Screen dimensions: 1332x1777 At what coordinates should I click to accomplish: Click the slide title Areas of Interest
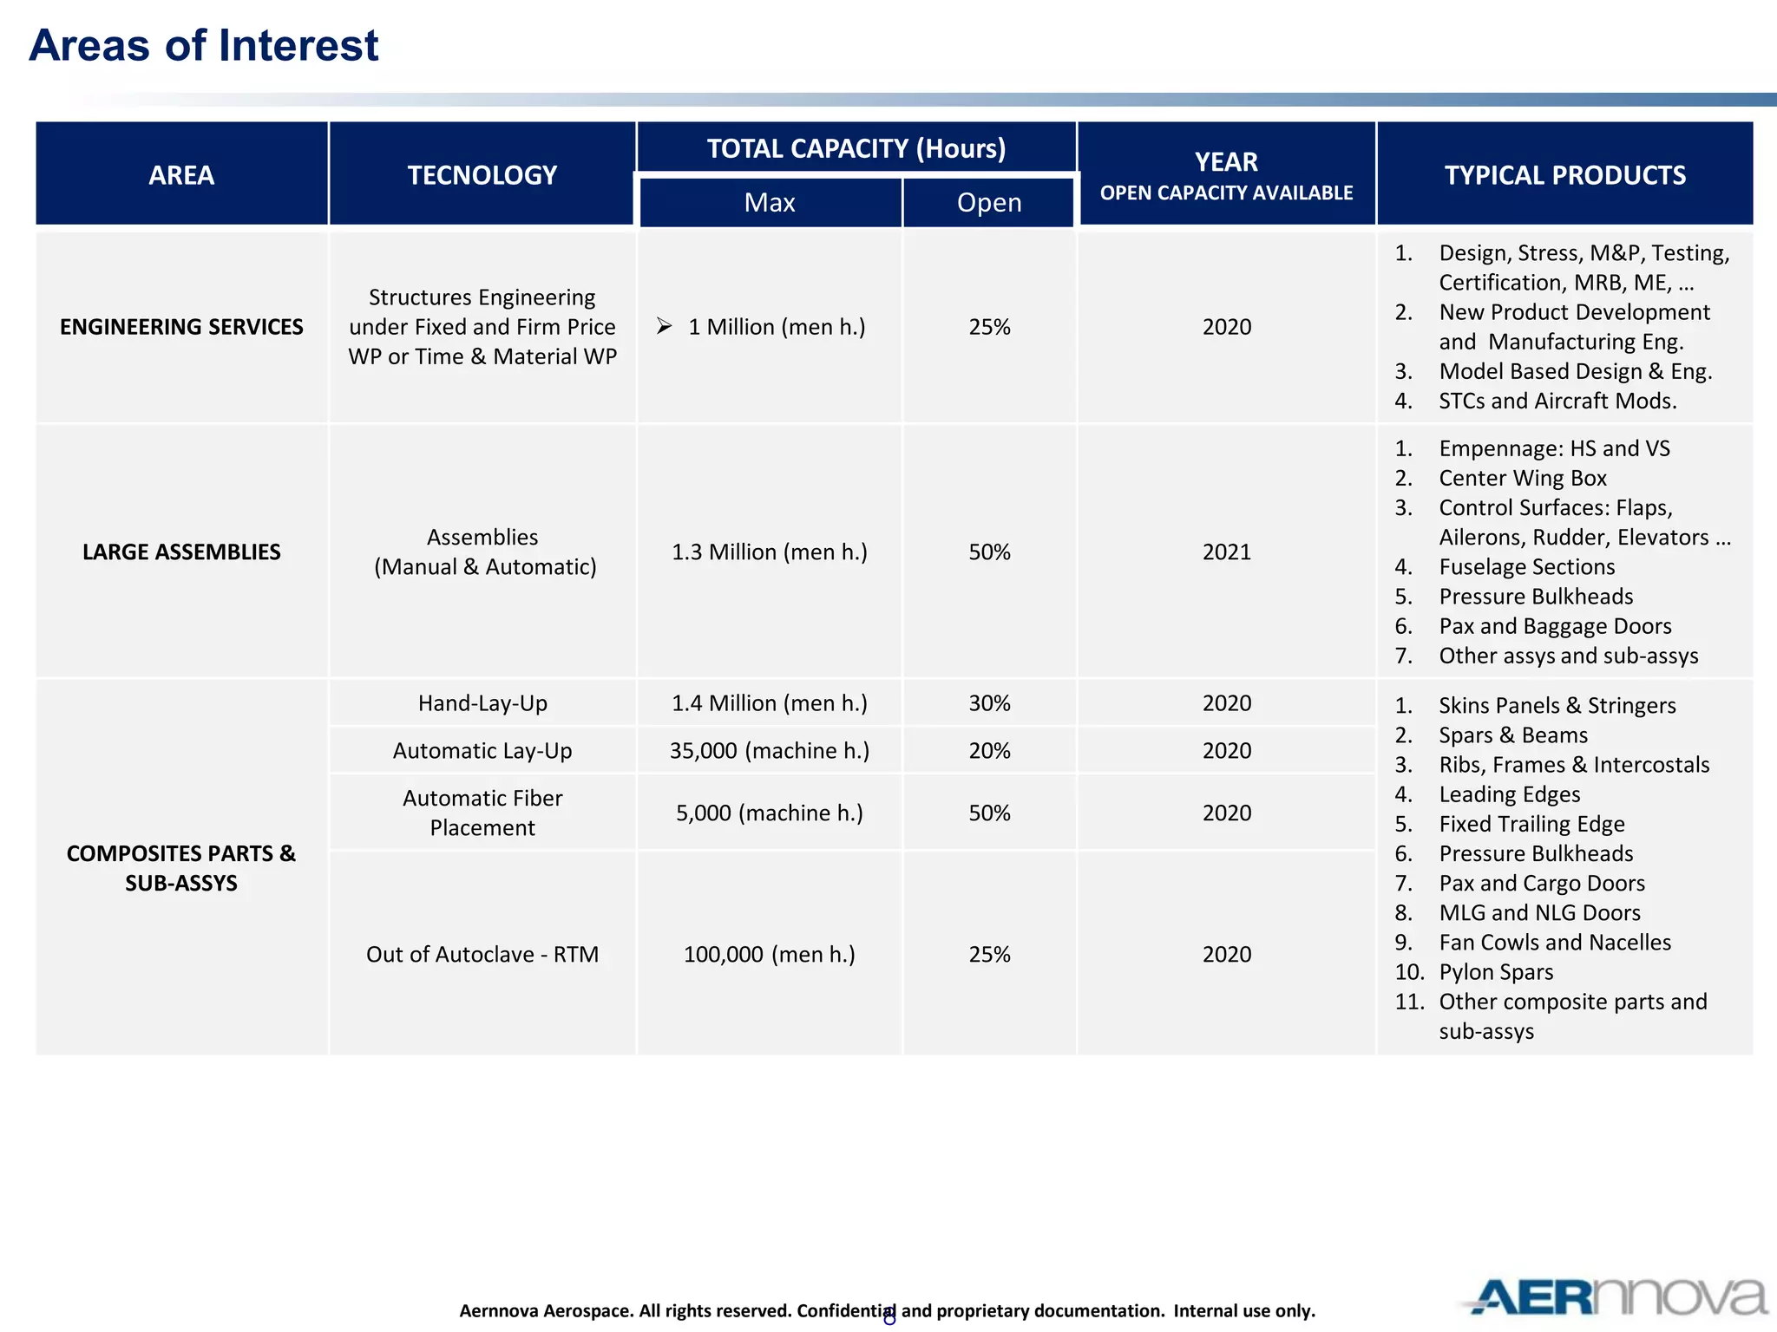[x=204, y=45]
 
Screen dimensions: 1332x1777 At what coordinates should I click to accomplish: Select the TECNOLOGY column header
[x=482, y=175]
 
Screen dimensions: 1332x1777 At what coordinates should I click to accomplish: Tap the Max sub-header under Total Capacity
[x=770, y=203]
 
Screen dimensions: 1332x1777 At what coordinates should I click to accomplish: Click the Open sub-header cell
[x=989, y=203]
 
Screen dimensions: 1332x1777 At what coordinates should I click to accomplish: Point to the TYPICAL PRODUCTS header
[x=1564, y=175]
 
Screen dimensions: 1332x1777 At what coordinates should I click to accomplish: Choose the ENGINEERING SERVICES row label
[x=181, y=327]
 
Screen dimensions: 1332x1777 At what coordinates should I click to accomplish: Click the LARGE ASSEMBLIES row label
[x=181, y=552]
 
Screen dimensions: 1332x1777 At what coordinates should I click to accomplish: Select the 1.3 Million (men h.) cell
[x=770, y=552]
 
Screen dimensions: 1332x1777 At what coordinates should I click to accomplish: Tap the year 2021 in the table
[x=1226, y=552]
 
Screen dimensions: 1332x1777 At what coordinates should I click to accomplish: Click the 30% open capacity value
[x=989, y=703]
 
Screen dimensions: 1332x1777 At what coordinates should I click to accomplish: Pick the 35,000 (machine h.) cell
[x=770, y=751]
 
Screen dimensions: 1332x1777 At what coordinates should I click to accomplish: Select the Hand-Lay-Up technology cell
[x=482, y=703]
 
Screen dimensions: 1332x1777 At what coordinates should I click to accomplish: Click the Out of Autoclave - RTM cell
[x=482, y=955]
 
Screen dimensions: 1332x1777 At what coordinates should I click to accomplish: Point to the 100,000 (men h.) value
[x=770, y=955]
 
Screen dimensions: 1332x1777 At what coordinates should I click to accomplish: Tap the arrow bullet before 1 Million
[x=665, y=326]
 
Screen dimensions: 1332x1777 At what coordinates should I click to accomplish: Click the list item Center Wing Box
[x=1523, y=479]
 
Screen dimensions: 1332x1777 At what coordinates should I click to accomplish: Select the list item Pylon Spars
[x=1496, y=973]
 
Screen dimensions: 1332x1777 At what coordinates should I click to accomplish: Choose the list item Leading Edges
[x=1509, y=795]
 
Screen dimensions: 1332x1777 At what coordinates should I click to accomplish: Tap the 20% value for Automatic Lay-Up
[x=989, y=751]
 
